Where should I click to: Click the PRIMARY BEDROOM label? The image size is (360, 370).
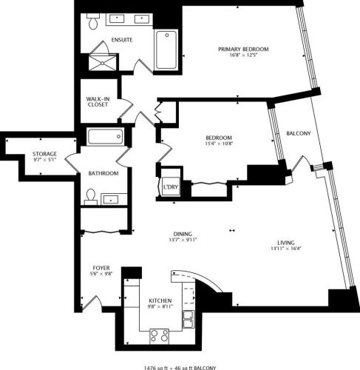243,49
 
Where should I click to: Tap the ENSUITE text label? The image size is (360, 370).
122,39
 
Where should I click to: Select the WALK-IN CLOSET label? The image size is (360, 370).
98,102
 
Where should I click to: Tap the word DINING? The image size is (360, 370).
183,232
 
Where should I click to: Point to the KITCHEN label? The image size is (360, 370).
159,300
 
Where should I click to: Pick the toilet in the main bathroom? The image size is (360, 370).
90,195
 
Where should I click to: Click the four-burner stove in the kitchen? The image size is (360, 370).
160,334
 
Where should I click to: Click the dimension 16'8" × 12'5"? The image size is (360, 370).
243,56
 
